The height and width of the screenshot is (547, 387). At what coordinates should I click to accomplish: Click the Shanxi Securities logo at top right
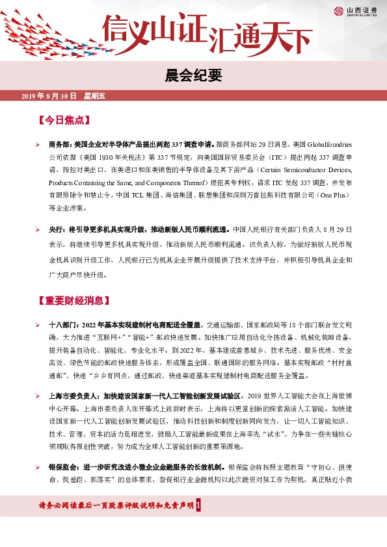pos(355,10)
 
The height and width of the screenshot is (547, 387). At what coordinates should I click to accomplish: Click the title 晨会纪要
pos(193,75)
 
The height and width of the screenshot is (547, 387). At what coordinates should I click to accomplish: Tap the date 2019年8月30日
pos(49,97)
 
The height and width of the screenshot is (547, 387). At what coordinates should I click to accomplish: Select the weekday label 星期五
pos(94,97)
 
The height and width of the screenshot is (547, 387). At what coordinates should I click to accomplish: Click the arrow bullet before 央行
pos(38,229)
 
